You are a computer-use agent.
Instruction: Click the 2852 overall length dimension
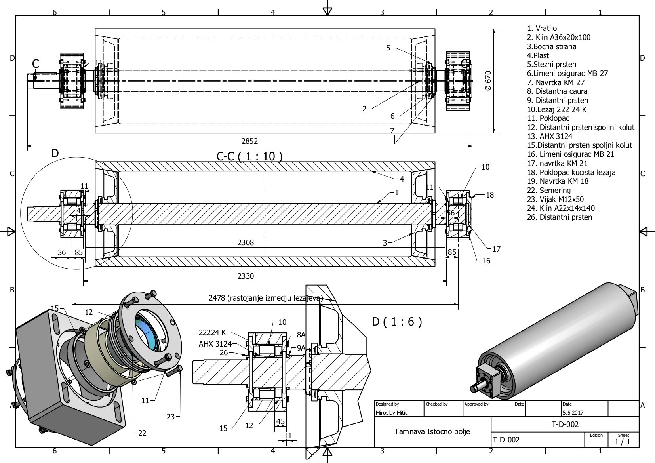tap(249, 141)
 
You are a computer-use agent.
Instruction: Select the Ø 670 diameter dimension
tap(488, 81)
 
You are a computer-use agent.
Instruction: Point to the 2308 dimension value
tap(246, 242)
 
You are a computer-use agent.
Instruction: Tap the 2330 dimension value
tap(246, 276)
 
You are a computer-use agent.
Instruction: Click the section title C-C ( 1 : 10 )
tap(249, 156)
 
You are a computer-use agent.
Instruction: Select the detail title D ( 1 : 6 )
tap(397, 322)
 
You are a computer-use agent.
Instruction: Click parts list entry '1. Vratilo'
tap(542, 29)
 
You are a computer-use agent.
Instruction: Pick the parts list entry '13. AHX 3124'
tap(550, 136)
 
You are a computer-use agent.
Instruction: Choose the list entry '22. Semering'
tap(549, 191)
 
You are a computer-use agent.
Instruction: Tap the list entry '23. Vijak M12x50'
tap(555, 200)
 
